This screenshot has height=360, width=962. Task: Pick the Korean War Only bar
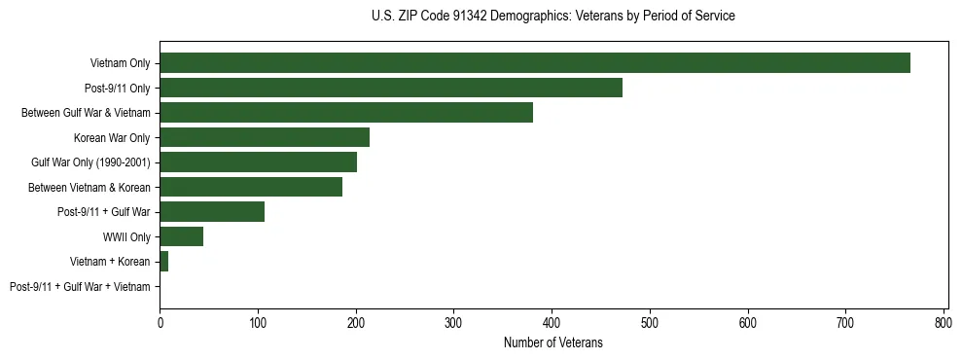265,137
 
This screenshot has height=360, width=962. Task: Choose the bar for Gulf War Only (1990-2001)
258,162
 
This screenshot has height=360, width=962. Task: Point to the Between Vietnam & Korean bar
251,187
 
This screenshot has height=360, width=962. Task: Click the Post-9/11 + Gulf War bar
212,212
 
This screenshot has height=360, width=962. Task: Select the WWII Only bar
181,236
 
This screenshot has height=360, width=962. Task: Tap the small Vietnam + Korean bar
163,262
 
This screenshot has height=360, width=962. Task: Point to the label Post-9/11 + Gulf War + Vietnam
80,287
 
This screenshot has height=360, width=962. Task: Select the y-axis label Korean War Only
112,137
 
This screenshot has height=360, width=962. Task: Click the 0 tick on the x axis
160,321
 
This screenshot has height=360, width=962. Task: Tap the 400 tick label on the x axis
552,321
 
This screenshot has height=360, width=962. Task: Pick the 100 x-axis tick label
258,321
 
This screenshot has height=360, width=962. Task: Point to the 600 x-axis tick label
748,321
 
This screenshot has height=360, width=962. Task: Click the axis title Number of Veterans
553,342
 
